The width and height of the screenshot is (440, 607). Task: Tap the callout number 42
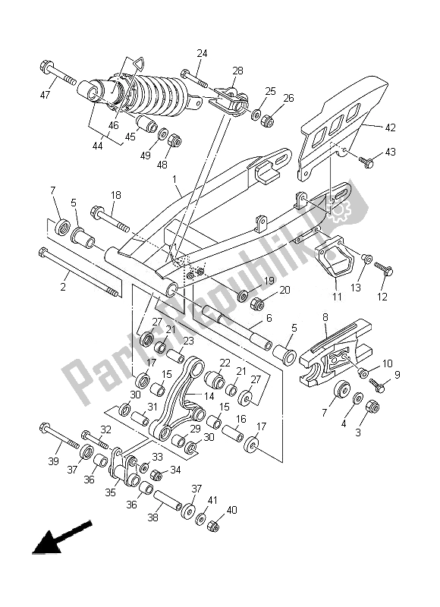(x=390, y=128)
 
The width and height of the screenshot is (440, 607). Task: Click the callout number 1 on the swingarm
(x=176, y=181)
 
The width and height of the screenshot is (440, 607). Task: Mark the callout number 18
(x=115, y=195)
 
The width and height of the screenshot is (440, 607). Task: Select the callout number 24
(x=202, y=54)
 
